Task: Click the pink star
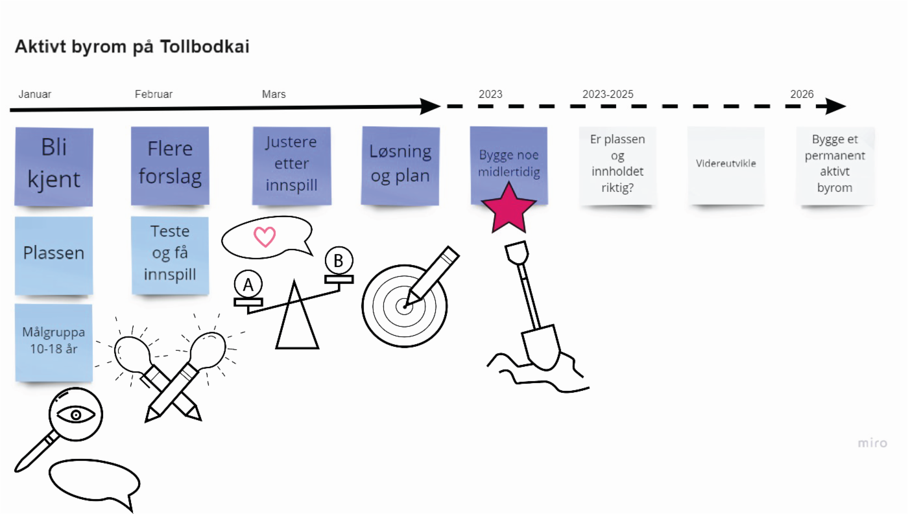coord(509,209)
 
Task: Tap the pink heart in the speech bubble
coord(265,237)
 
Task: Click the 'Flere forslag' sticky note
coord(170,165)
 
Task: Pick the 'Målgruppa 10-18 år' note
coord(54,342)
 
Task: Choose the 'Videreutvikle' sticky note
coord(726,165)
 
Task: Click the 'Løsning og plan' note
coord(400,165)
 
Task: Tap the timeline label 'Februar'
coord(154,94)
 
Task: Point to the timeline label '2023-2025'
coord(608,94)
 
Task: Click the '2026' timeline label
coord(802,94)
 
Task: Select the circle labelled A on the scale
coord(248,285)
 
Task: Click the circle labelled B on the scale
coord(339,261)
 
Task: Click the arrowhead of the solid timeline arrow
coord(430,107)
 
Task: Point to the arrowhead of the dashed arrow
coord(838,107)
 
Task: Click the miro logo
coord(872,443)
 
